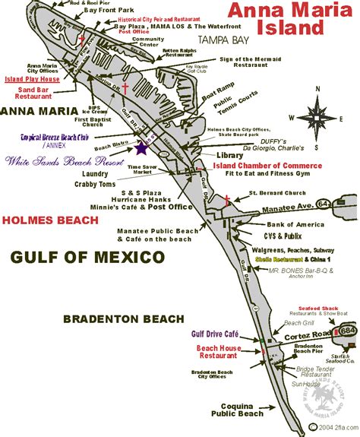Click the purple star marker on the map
(x=142, y=149)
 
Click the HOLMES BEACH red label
(x=51, y=220)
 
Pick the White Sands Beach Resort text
(x=65, y=162)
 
